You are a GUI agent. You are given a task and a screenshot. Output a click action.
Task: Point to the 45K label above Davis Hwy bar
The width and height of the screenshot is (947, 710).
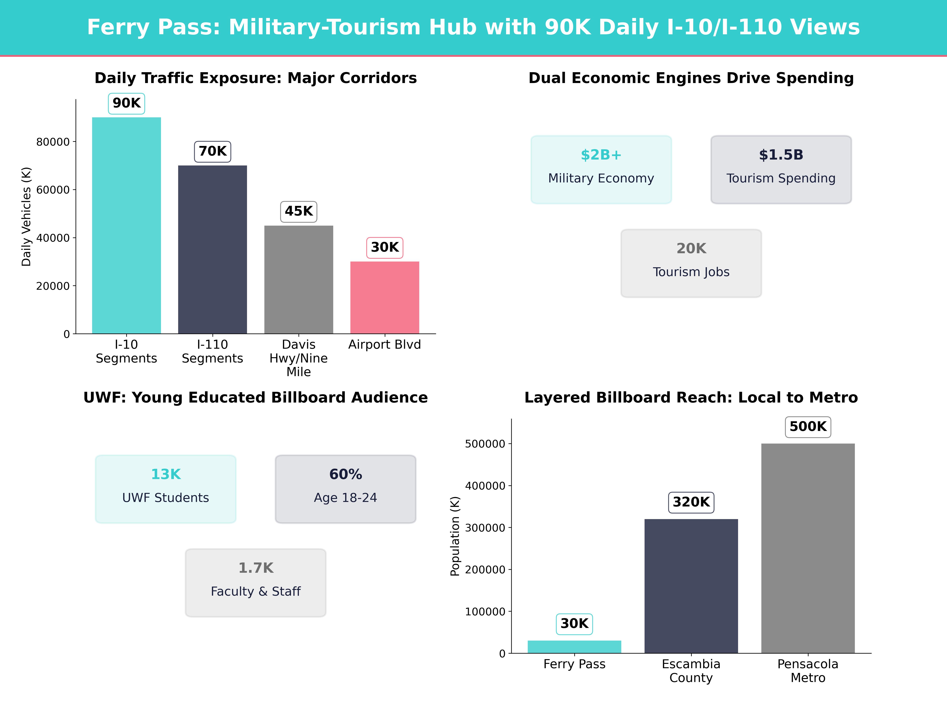[298, 211]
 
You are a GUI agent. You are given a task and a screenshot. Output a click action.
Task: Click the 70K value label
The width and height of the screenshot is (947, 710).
[212, 151]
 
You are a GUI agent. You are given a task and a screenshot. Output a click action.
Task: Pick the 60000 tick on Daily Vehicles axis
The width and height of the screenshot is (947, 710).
[53, 190]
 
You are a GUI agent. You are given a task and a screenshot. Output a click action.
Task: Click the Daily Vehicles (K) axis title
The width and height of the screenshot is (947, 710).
[27, 217]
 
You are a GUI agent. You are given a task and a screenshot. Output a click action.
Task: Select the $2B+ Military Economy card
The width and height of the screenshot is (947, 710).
[601, 169]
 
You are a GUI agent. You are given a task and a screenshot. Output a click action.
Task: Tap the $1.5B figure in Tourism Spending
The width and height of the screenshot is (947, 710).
[781, 155]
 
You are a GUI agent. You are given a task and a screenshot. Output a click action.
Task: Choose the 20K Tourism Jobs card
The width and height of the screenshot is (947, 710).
[691, 263]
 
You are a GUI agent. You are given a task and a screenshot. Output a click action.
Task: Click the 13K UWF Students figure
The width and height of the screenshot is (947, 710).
[166, 475]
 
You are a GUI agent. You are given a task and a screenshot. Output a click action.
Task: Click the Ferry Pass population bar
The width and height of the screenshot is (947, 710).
[574, 647]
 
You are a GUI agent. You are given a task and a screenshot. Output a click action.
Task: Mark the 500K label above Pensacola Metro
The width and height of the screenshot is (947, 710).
[808, 427]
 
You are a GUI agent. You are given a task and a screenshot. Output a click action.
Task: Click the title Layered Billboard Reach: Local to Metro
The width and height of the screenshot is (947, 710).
[691, 398]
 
